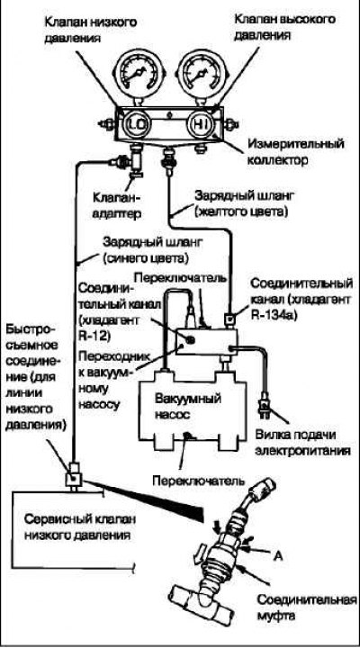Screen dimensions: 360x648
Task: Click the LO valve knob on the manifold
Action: pos(135,124)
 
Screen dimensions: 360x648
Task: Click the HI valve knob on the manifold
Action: pos(199,124)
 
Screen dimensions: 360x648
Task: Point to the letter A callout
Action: pos(278,556)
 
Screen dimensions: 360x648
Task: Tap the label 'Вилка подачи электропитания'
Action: pos(302,442)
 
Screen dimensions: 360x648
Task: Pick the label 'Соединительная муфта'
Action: pos(307,607)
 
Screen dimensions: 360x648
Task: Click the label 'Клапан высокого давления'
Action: pos(284,27)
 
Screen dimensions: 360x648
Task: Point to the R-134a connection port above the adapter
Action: pos(229,319)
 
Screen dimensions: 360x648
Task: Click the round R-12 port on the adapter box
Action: pos(190,339)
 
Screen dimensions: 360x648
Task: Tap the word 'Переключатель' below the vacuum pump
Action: pos(199,481)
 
